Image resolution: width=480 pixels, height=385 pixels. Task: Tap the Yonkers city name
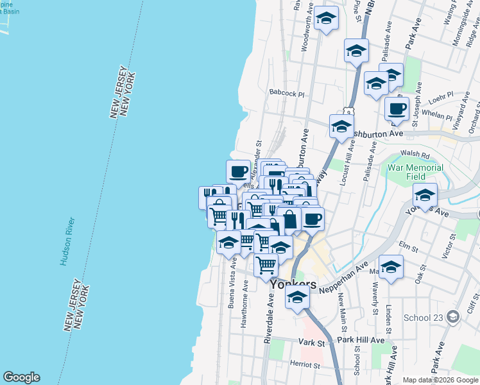coord(293,284)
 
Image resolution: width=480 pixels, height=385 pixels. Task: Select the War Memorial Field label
coord(415,172)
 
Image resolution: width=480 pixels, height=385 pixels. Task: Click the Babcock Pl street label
coord(286,94)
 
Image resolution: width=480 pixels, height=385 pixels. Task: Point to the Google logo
coord(21,377)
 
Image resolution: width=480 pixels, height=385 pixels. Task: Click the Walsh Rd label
coord(415,155)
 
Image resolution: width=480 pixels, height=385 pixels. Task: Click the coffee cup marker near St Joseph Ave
coord(397,109)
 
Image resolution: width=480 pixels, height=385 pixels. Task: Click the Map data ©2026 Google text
coord(440,379)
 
